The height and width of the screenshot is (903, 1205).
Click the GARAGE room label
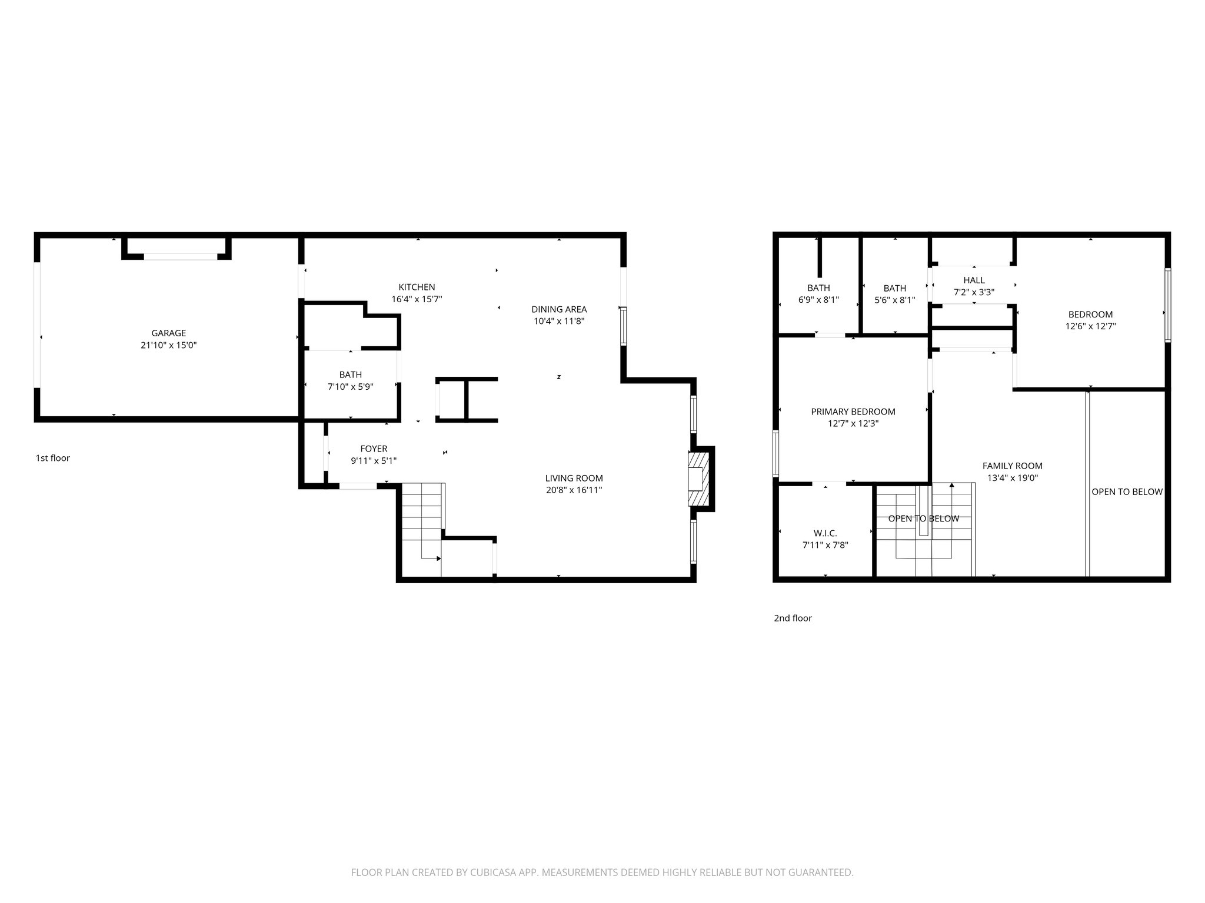click(168, 333)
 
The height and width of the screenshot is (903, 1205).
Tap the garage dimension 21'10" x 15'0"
click(168, 346)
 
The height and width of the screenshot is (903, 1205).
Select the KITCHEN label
click(417, 287)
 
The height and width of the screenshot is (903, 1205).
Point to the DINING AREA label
click(558, 309)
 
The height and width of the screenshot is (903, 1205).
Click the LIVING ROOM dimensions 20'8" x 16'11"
click(574, 490)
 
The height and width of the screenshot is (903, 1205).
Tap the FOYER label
click(374, 449)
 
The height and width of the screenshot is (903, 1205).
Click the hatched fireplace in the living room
click(700, 479)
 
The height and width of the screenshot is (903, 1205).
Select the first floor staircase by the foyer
click(421, 520)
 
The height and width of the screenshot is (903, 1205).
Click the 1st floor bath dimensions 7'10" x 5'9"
click(350, 387)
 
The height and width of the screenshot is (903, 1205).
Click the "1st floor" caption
click(52, 458)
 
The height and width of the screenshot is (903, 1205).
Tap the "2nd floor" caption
click(793, 618)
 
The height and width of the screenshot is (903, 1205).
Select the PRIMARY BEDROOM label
click(853, 412)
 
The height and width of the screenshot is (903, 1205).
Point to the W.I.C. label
click(825, 533)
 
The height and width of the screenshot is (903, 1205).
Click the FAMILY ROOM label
click(1012, 466)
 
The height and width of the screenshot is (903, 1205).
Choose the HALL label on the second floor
click(974, 280)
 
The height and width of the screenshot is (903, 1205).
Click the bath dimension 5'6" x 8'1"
click(894, 300)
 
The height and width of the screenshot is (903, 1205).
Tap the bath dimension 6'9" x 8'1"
click(818, 299)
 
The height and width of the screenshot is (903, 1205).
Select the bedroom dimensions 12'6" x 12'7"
click(1090, 326)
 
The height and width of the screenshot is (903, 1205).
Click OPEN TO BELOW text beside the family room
click(1127, 492)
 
